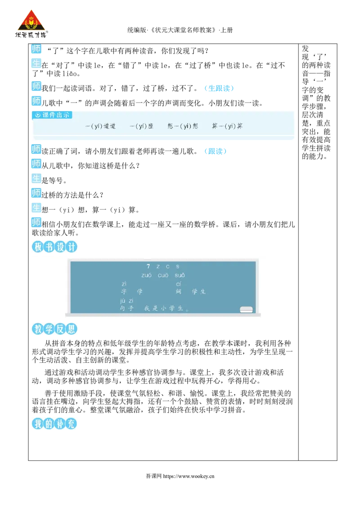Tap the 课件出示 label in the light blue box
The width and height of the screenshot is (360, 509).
[53, 115]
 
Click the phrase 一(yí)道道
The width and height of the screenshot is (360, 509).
[100, 126]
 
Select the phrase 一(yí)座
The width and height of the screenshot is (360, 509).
[141, 126]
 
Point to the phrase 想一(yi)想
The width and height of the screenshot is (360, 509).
[183, 126]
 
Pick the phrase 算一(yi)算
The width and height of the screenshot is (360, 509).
[227, 126]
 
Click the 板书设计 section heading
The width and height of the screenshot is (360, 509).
[54, 247]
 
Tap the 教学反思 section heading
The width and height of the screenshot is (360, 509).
[54, 329]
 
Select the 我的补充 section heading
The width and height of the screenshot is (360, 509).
[54, 423]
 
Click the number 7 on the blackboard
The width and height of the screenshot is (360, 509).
[148, 267]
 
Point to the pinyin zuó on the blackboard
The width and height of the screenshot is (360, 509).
[146, 275]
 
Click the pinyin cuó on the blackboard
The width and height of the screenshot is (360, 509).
[163, 275]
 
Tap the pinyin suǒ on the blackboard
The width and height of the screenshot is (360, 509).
[180, 275]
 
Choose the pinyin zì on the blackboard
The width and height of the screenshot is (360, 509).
[124, 284]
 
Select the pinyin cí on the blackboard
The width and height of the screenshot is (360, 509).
[178, 284]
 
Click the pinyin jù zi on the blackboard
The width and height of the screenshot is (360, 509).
[126, 300]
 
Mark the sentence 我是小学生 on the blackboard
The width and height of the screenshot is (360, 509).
[166, 309]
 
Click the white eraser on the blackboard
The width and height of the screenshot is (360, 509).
[246, 309]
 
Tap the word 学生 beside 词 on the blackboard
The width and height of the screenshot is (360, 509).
[198, 292]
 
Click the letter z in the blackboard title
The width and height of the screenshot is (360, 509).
[157, 267]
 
